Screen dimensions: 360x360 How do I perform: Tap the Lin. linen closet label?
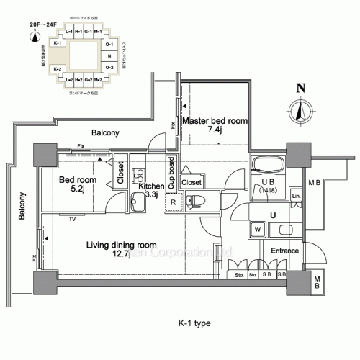(295, 196)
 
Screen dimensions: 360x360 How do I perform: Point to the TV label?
(72, 218)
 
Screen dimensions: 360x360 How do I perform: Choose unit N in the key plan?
(108, 55)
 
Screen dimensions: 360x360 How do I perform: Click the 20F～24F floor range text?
(43, 23)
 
